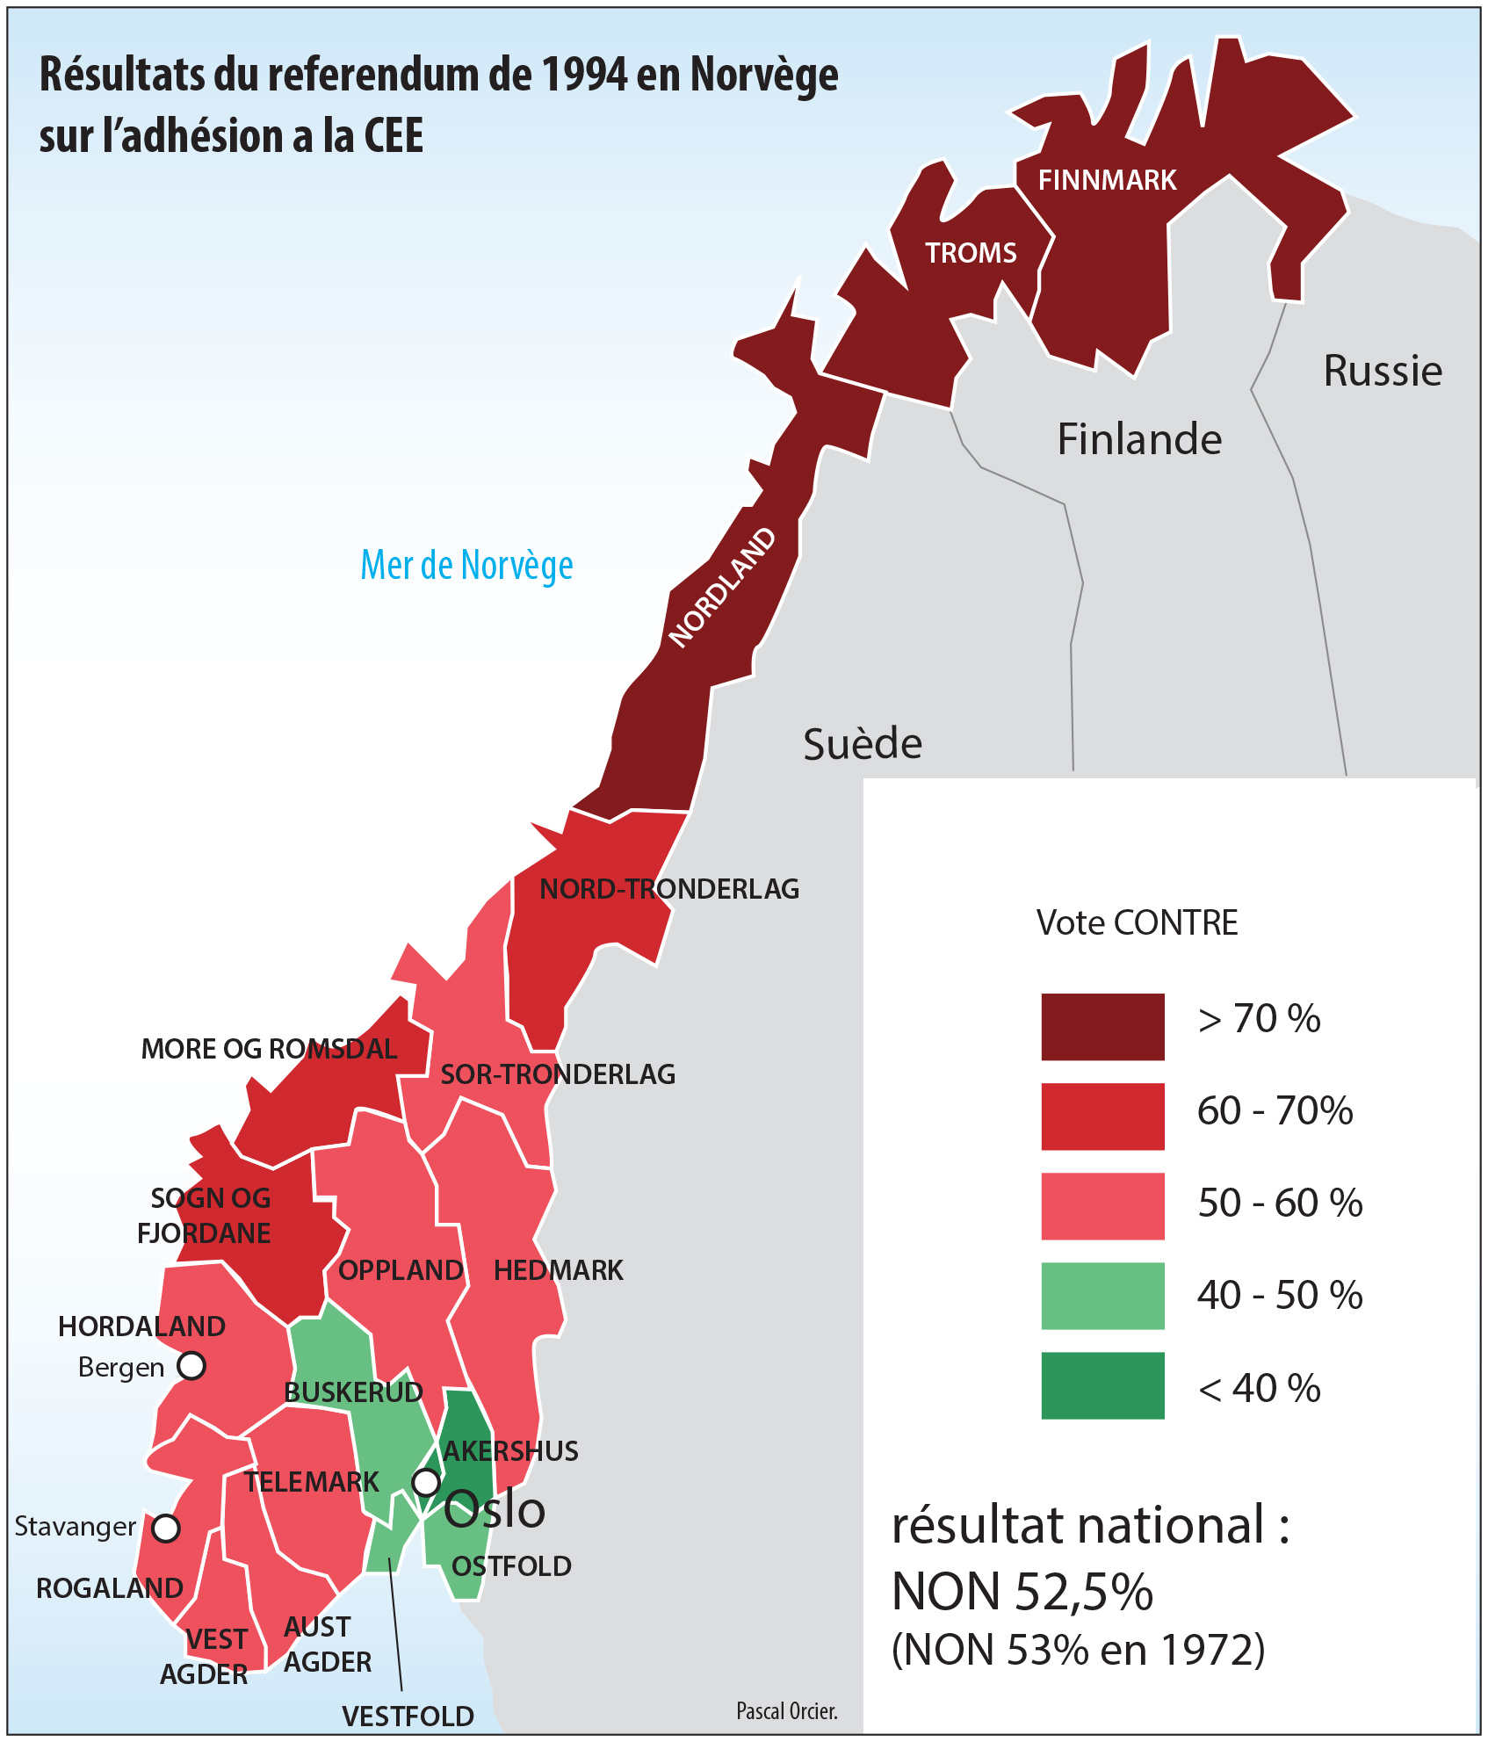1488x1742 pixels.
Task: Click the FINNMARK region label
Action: pos(1107,180)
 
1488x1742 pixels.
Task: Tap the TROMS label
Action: pos(971,253)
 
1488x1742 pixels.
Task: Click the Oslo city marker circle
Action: pos(426,1483)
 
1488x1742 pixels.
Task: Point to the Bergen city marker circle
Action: pos(191,1366)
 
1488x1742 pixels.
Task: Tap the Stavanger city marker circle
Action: pos(166,1528)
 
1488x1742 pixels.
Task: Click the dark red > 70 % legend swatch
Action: pos(1102,1027)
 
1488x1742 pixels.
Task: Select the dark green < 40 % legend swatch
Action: pos(1102,1385)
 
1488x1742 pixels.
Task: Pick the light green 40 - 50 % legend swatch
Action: pos(1102,1296)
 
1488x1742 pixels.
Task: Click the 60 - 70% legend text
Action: pos(1275,1111)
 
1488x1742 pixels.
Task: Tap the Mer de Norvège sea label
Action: pos(466,565)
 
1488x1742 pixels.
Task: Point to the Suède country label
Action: pos(863,745)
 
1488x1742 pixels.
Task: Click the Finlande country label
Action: pos(1139,439)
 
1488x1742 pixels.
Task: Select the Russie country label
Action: pos(1383,371)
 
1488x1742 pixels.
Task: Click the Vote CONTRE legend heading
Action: pos(1137,923)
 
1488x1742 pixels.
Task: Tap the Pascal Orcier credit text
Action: pos(787,1710)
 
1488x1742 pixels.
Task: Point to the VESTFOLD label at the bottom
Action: pos(408,1716)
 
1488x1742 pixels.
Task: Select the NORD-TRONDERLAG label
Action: pos(669,889)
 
